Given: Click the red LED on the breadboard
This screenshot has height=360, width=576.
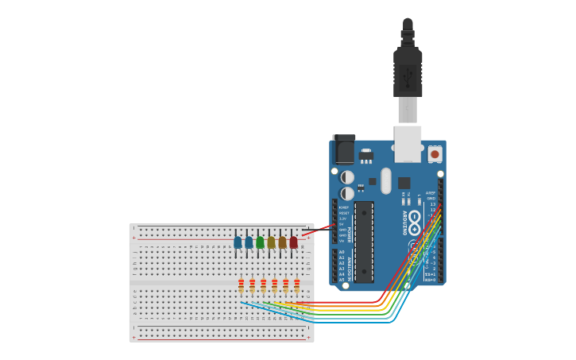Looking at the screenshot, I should (x=293, y=242).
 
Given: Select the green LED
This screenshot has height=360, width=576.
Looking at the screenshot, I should (x=260, y=242).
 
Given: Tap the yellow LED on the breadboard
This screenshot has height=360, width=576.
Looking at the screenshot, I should (x=271, y=242).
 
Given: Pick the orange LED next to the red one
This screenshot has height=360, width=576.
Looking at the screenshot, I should (x=282, y=242).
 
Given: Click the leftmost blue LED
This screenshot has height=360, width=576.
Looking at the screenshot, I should (x=238, y=242).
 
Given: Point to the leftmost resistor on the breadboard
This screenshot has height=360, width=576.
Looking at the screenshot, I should (x=242, y=285).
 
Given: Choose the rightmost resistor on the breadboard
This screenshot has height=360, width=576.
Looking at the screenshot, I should (x=297, y=285).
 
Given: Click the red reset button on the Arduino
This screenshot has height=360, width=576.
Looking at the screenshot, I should (x=435, y=153).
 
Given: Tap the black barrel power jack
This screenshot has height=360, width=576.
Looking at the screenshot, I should (x=344, y=149).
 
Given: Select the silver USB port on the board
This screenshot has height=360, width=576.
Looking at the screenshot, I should (x=408, y=142).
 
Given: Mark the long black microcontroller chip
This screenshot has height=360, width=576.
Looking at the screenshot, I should (x=364, y=242).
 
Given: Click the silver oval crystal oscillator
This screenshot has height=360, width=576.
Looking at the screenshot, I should (x=386, y=180).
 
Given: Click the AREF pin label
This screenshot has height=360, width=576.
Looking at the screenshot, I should (x=430, y=192).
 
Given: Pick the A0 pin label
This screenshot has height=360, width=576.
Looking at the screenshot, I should (x=342, y=252).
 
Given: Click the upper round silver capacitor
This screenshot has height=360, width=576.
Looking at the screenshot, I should (x=347, y=177).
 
